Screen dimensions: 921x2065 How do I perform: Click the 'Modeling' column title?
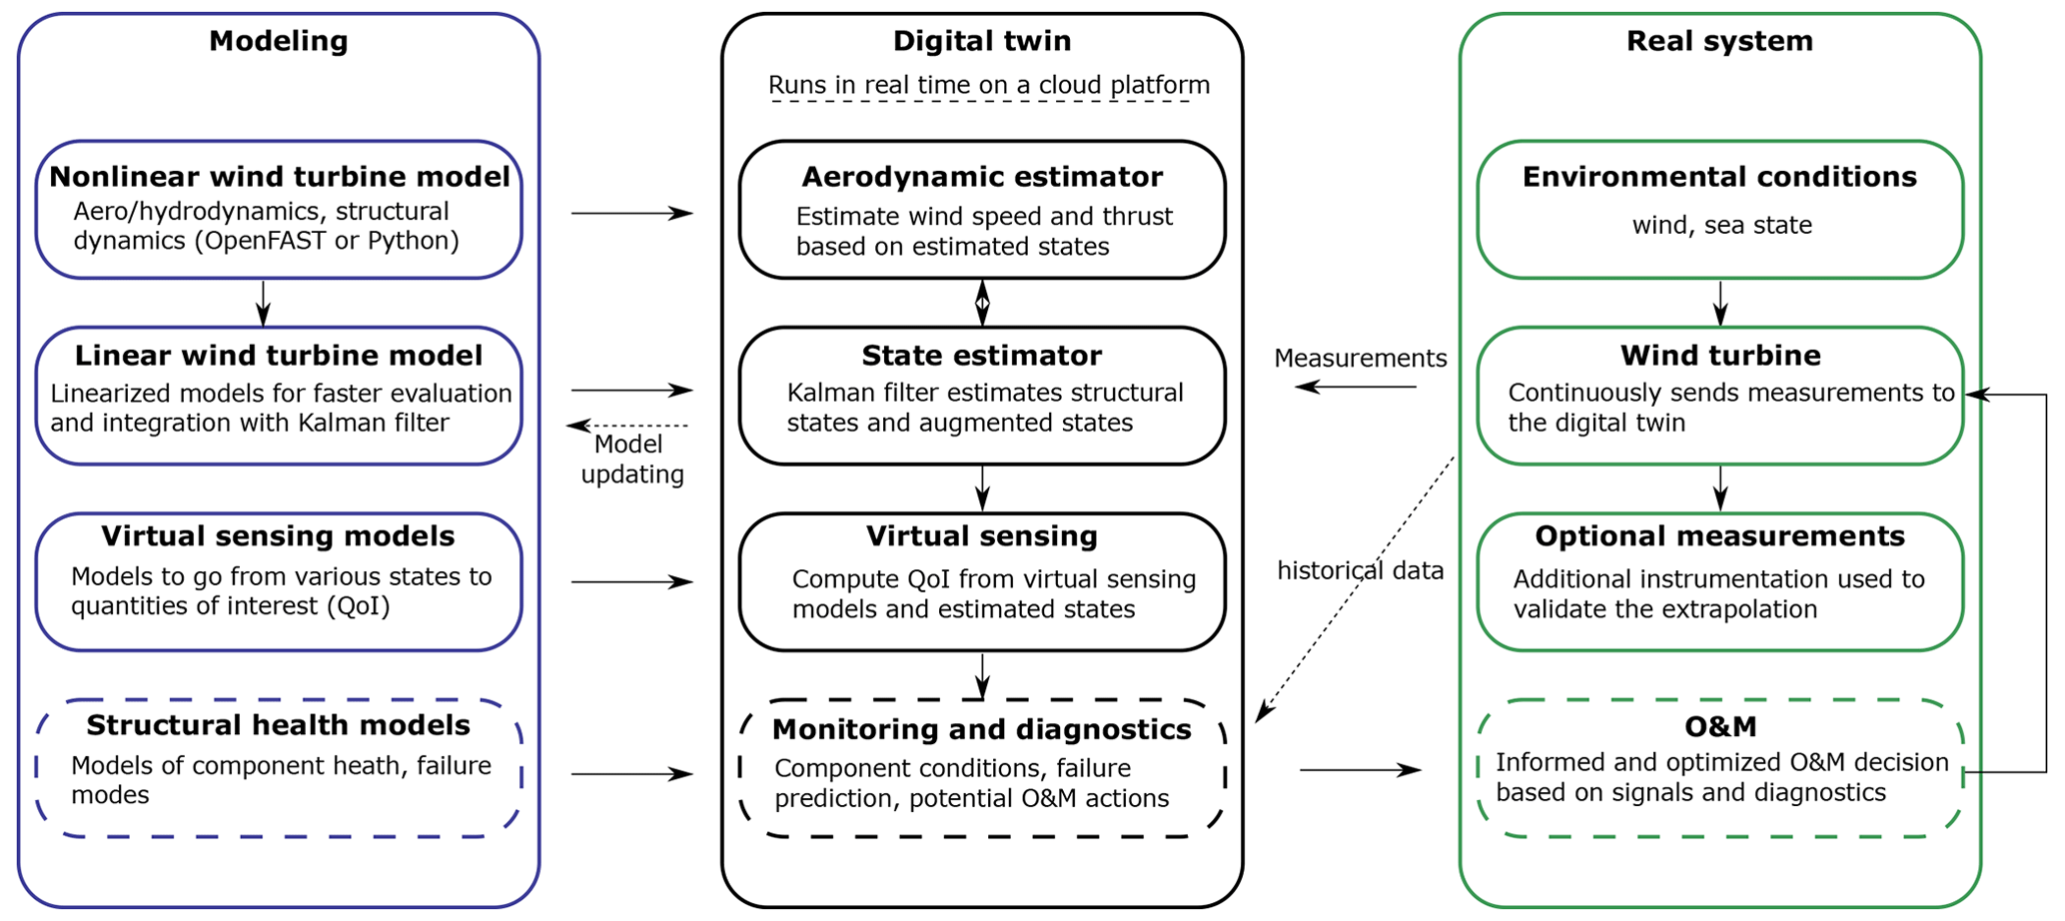point(279,41)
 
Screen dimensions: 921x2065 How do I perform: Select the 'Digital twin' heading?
point(982,41)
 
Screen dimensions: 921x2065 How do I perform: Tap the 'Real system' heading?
point(1719,41)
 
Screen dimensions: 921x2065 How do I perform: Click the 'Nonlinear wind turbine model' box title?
point(280,177)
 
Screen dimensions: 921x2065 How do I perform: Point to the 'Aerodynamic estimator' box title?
point(982,177)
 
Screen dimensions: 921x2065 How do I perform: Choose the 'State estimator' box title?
point(982,356)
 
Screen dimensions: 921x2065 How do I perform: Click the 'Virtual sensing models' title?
point(278,536)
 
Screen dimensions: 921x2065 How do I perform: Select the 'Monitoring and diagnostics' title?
point(982,729)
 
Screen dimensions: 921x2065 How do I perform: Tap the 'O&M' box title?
point(1720,726)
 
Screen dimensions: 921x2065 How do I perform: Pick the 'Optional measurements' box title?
point(1720,536)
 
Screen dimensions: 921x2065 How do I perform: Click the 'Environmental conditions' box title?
point(1720,177)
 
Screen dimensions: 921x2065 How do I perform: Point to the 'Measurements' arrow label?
point(1361,359)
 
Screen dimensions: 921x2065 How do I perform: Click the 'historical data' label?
point(1361,571)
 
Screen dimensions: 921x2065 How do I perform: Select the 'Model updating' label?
point(631,460)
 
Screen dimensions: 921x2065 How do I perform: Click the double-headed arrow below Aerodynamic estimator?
point(982,303)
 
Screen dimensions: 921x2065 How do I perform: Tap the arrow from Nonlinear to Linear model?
point(263,303)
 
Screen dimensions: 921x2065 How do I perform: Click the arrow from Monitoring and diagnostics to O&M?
point(1360,770)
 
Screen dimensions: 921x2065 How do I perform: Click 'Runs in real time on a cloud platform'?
point(989,86)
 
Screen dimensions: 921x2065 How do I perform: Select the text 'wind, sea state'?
point(1722,226)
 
